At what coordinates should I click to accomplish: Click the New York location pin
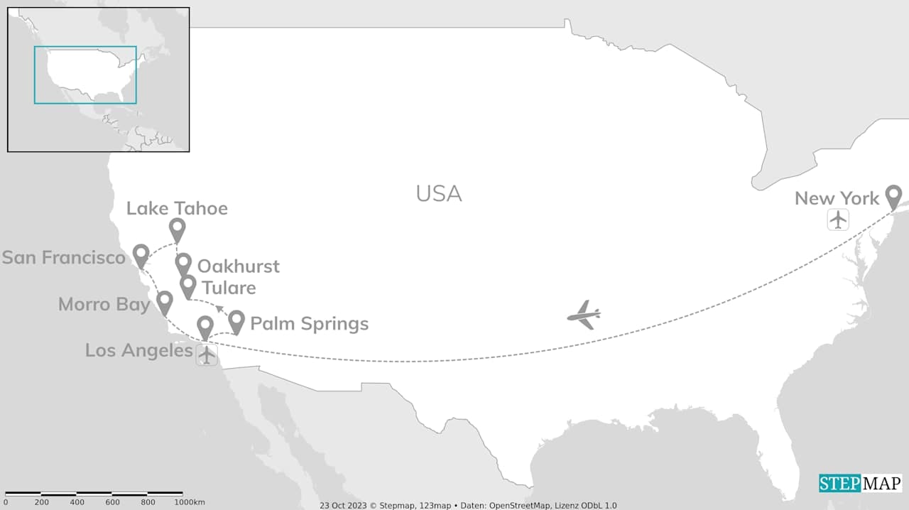tap(893, 196)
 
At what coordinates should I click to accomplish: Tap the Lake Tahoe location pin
tap(178, 229)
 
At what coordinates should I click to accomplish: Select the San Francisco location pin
tap(141, 255)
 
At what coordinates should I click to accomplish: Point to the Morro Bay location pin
tap(165, 302)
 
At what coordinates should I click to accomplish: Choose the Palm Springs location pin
tap(236, 321)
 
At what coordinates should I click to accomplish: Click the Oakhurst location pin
tap(183, 264)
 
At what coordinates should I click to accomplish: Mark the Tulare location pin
tap(187, 286)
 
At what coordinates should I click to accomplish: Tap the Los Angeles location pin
tap(205, 327)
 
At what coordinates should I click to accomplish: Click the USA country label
tap(439, 193)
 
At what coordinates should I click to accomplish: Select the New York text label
tap(837, 198)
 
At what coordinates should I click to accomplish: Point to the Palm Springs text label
tap(309, 324)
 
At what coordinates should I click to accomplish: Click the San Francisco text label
tap(64, 257)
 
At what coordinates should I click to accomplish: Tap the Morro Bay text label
tap(104, 305)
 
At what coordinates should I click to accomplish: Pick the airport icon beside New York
tap(839, 219)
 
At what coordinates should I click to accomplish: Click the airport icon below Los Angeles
tap(207, 354)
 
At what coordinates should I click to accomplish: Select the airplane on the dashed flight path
tap(584, 315)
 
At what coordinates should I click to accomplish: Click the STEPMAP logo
tap(860, 483)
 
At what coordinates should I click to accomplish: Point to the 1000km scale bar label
tap(190, 502)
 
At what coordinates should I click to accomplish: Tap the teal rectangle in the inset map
tap(85, 75)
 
